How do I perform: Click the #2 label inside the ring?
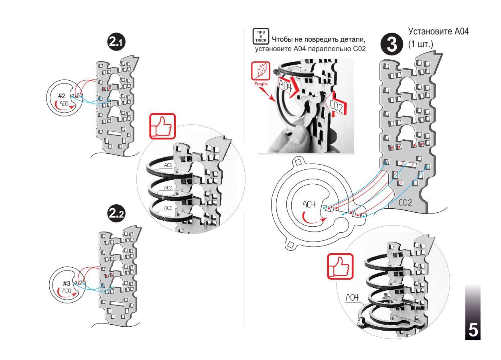62,96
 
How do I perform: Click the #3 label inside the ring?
67,283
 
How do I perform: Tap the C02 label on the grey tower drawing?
406,204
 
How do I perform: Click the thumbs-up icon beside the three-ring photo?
163,127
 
